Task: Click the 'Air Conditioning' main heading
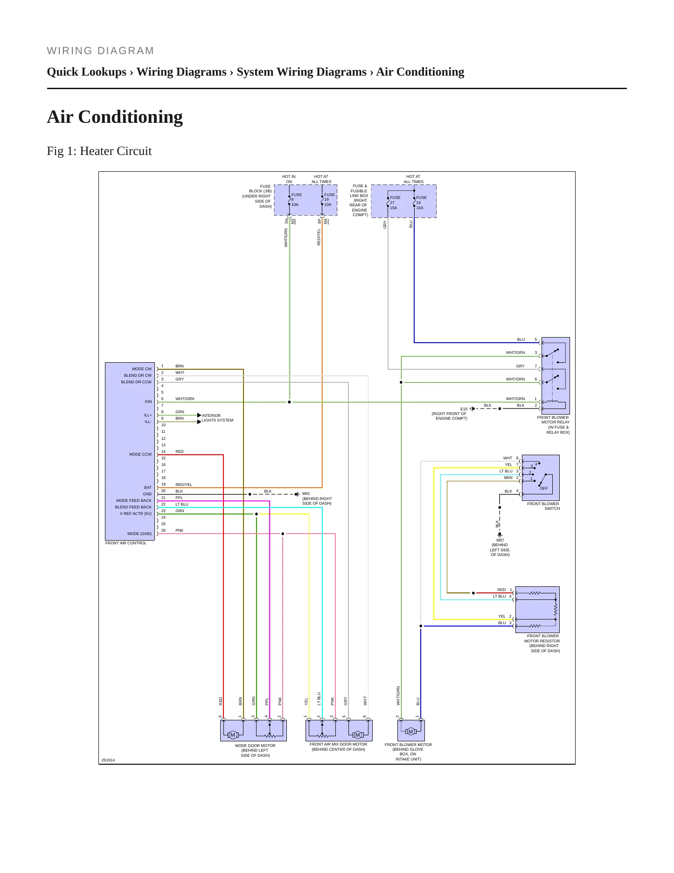click(115, 117)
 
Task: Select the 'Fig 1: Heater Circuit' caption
click(99, 151)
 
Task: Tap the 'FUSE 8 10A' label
click(296, 200)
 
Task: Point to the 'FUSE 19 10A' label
click(329, 200)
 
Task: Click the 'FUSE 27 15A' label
click(395, 203)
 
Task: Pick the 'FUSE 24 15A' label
click(421, 203)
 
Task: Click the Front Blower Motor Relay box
click(556, 376)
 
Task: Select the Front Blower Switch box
click(541, 478)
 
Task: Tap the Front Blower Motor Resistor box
click(537, 610)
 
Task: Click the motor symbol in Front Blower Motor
click(411, 732)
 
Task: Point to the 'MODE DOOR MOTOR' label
click(255, 746)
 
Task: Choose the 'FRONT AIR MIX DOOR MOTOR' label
click(338, 744)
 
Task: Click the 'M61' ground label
click(306, 493)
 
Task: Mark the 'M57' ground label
click(500, 540)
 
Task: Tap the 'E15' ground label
click(464, 409)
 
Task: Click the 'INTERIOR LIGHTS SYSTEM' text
click(217, 418)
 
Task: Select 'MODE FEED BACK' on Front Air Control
click(134, 500)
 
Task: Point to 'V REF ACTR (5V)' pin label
click(136, 514)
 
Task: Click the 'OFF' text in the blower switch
click(544, 488)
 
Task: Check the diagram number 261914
click(108, 760)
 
